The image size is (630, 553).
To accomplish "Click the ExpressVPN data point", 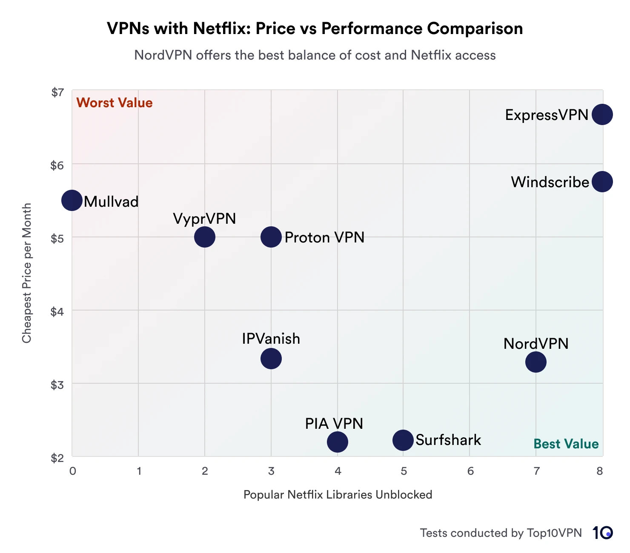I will (x=602, y=114).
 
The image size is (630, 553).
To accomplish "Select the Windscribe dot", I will (x=602, y=182).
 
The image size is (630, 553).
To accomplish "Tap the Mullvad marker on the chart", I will (x=72, y=200).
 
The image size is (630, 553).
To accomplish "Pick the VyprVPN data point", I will (x=205, y=237).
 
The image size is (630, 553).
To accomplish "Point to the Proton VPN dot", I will (x=271, y=237).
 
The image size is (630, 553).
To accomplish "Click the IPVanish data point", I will (x=271, y=359).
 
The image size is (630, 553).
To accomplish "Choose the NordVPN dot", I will (x=535, y=362).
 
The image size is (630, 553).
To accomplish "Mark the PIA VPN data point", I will (x=338, y=442).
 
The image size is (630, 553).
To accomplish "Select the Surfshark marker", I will (x=403, y=440).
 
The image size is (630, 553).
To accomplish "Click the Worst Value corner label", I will (x=114, y=103).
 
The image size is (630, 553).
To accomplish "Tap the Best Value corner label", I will (x=566, y=444).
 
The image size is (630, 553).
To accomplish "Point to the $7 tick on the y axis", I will (x=57, y=92).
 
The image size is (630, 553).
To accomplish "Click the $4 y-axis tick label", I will (x=57, y=312).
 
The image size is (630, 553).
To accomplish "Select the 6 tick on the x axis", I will (x=470, y=471).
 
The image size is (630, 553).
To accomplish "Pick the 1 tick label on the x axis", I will (x=139, y=471).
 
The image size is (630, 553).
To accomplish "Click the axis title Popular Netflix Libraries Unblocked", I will (x=338, y=495).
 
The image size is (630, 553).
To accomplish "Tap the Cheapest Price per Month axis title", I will (x=27, y=273).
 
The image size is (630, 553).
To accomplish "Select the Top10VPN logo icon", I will (x=602, y=533).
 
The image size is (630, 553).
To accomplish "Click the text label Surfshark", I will (x=448, y=440).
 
